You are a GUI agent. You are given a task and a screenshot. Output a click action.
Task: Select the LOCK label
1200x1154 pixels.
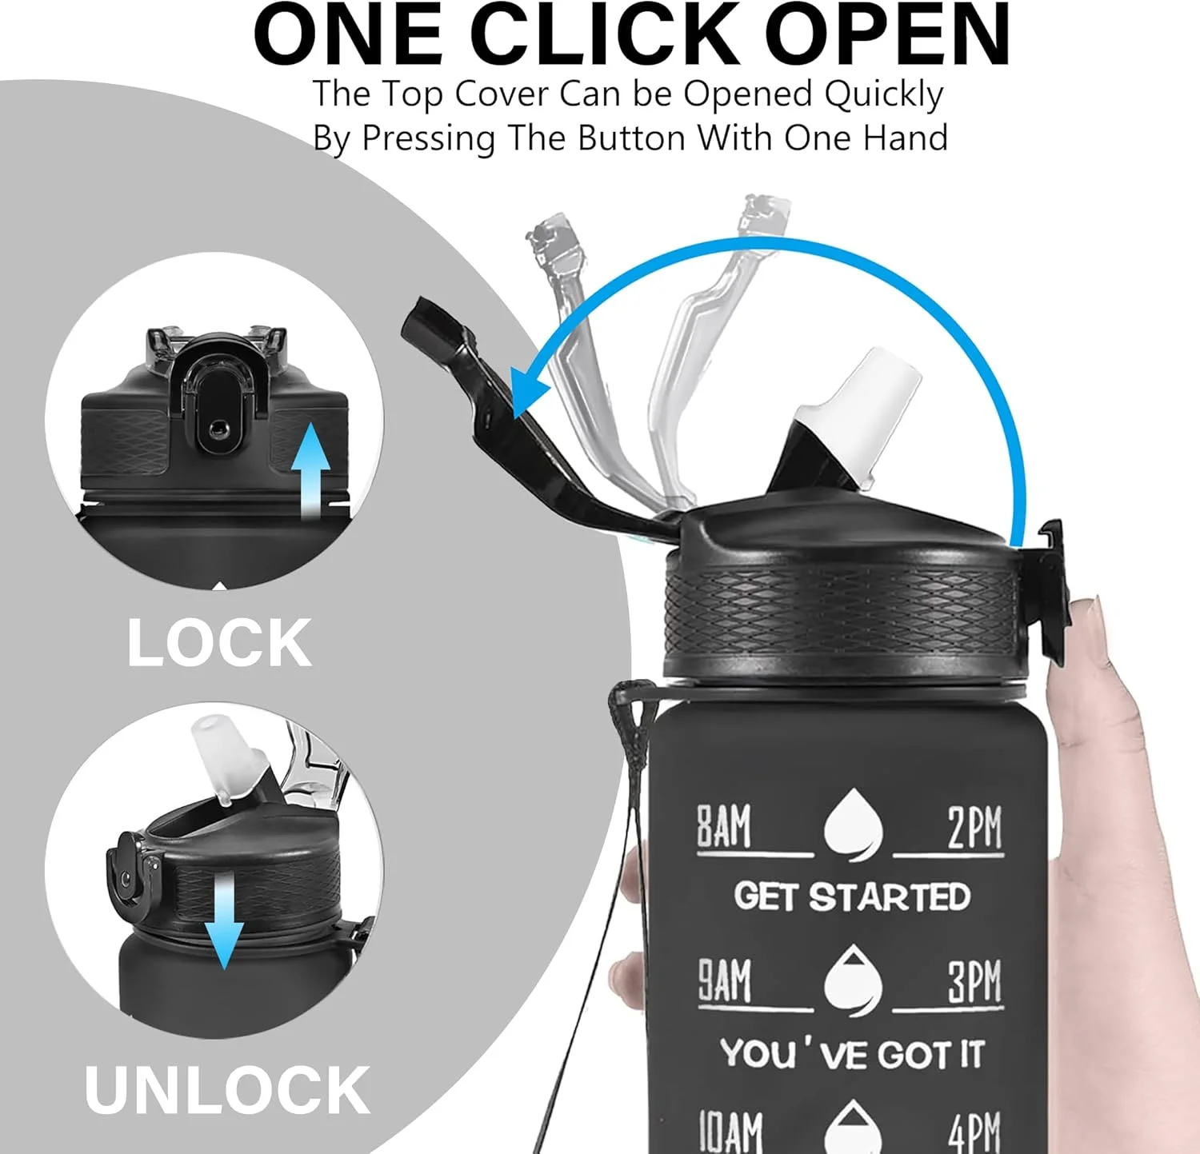(x=219, y=643)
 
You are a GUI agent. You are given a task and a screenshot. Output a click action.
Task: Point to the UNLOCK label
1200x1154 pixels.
(x=227, y=1089)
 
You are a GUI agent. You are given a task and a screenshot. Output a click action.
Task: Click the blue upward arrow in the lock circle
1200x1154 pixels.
(x=310, y=472)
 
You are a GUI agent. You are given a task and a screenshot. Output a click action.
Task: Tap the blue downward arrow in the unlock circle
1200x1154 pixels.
(x=223, y=920)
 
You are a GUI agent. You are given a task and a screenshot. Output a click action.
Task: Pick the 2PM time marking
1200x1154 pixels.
(x=974, y=827)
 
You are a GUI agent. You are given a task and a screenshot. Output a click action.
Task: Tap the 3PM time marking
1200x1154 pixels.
(x=975, y=981)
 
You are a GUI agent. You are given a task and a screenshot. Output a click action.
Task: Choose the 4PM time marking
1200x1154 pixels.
(x=975, y=1132)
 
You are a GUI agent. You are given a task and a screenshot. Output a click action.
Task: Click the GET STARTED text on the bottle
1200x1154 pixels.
(x=852, y=896)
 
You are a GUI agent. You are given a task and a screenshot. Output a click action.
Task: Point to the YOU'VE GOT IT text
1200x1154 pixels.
(x=852, y=1054)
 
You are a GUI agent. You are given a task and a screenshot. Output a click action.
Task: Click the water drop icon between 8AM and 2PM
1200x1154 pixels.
(x=854, y=825)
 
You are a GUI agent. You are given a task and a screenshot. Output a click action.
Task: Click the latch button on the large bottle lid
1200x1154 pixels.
(x=1053, y=592)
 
